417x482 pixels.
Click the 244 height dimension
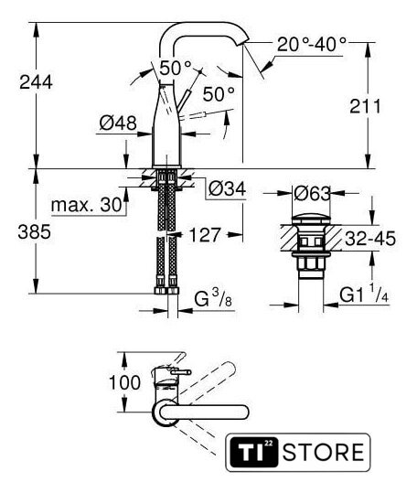(x=36, y=82)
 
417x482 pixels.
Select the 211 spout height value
(x=365, y=106)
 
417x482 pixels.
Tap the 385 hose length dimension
(x=35, y=231)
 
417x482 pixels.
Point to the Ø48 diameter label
(x=118, y=123)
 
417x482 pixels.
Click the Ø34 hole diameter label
(x=227, y=188)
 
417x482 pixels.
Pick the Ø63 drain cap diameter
(x=312, y=194)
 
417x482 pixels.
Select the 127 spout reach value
(x=205, y=235)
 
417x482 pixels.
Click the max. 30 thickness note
(x=87, y=205)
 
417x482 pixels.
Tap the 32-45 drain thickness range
(x=370, y=239)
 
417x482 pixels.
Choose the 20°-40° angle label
(x=312, y=44)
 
